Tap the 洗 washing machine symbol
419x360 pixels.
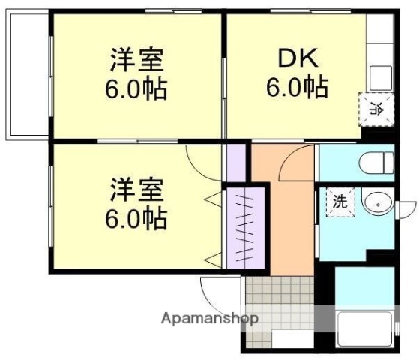(340, 201)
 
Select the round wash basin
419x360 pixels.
(377, 202)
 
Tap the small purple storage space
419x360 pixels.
(236, 162)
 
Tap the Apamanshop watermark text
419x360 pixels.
(209, 318)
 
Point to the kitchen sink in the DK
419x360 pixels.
(379, 76)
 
